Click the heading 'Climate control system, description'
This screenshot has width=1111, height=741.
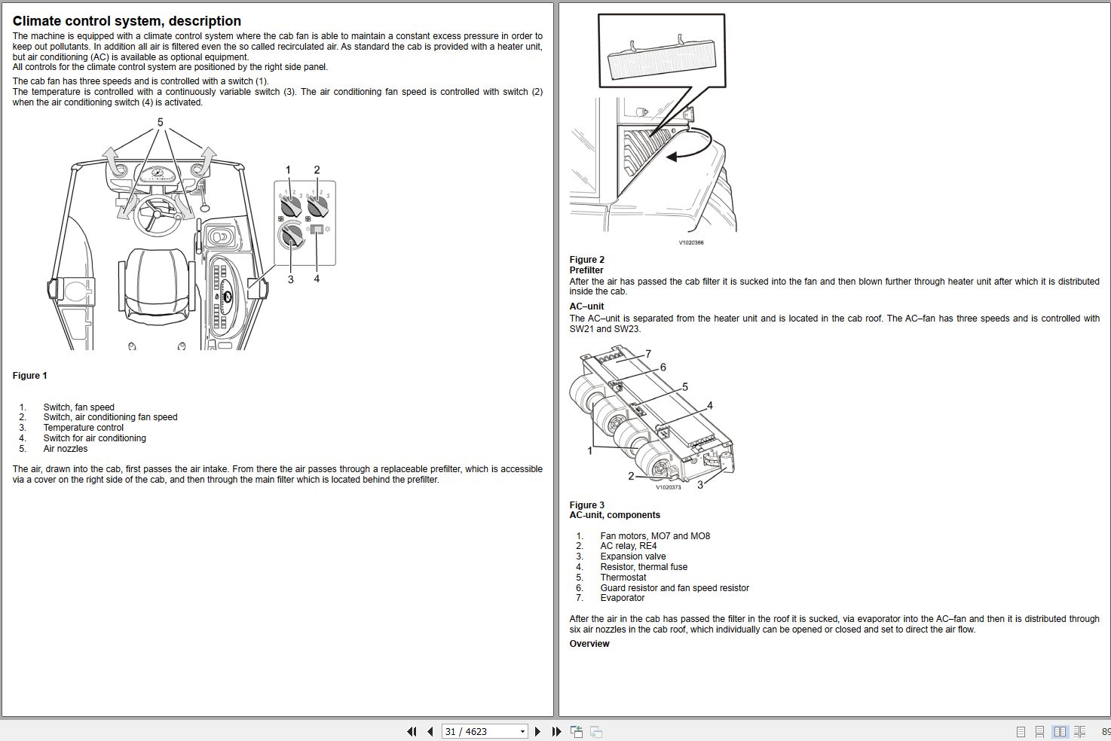[127, 21]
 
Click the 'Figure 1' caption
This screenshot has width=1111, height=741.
[30, 376]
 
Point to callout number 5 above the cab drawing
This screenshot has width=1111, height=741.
[160, 122]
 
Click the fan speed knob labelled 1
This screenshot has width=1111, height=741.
[290, 206]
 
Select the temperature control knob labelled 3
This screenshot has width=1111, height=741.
[289, 236]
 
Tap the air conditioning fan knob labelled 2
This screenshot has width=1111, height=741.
[317, 206]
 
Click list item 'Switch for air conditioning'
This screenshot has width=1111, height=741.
[94, 438]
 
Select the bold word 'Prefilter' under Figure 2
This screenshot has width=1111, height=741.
[586, 270]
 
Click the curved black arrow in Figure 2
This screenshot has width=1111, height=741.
[690, 147]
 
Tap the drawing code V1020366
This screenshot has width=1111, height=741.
[690, 242]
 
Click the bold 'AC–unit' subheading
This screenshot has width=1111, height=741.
[586, 306]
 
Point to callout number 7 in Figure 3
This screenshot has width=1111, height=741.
[648, 354]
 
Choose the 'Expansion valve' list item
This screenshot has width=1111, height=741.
[632, 557]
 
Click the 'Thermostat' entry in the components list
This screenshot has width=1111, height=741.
[623, 578]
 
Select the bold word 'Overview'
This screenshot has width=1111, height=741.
[589, 644]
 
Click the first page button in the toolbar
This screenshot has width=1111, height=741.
[412, 731]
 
